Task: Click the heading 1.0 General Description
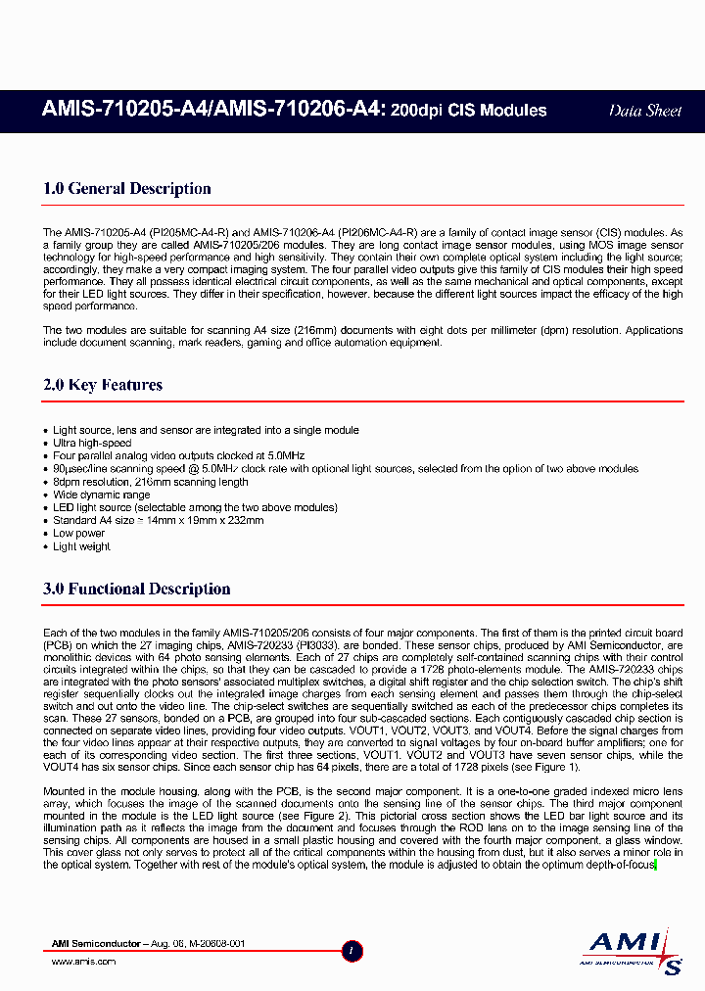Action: click(x=127, y=189)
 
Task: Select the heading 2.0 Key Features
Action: click(x=103, y=385)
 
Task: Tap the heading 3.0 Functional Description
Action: click(x=137, y=589)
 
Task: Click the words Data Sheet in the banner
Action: click(x=644, y=111)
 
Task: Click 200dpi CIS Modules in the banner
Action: click(x=468, y=111)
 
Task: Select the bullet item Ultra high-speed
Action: click(x=92, y=444)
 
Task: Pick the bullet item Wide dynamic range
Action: click(x=101, y=495)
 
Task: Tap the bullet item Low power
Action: click(x=78, y=534)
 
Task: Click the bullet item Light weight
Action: click(x=81, y=546)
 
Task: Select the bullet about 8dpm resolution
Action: click(x=150, y=482)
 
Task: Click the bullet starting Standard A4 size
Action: click(x=158, y=521)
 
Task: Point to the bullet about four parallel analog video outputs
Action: click(x=178, y=456)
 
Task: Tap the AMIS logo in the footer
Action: click(x=632, y=951)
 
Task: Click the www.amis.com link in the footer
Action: click(x=82, y=962)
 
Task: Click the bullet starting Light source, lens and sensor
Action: click(x=206, y=431)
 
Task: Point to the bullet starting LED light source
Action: click(x=195, y=507)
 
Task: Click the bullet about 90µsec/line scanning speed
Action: click(x=345, y=469)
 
